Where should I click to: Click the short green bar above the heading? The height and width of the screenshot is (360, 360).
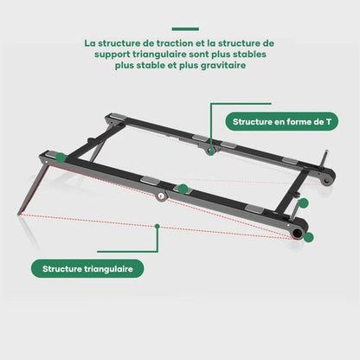click(x=185, y=29)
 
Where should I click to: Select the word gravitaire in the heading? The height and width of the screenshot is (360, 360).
click(x=223, y=66)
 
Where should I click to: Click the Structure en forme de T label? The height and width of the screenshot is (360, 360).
click(x=281, y=121)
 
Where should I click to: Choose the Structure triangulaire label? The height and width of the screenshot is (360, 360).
click(x=87, y=268)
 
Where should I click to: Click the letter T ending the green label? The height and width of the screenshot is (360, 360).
click(x=329, y=121)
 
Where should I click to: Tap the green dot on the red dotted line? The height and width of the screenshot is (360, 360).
click(x=157, y=226)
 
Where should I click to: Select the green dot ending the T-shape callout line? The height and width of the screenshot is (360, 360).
click(x=211, y=152)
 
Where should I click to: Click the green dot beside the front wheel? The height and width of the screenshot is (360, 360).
click(x=309, y=237)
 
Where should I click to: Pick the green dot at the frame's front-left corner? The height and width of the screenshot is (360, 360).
click(x=61, y=157)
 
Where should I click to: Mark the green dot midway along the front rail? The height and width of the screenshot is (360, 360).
click(x=183, y=190)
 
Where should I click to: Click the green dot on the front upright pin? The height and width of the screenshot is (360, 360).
click(x=304, y=203)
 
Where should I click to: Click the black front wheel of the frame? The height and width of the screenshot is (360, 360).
click(x=298, y=232)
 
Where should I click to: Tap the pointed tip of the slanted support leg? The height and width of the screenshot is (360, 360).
click(x=19, y=215)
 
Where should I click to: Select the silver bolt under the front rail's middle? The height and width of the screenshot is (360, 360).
click(x=161, y=196)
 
